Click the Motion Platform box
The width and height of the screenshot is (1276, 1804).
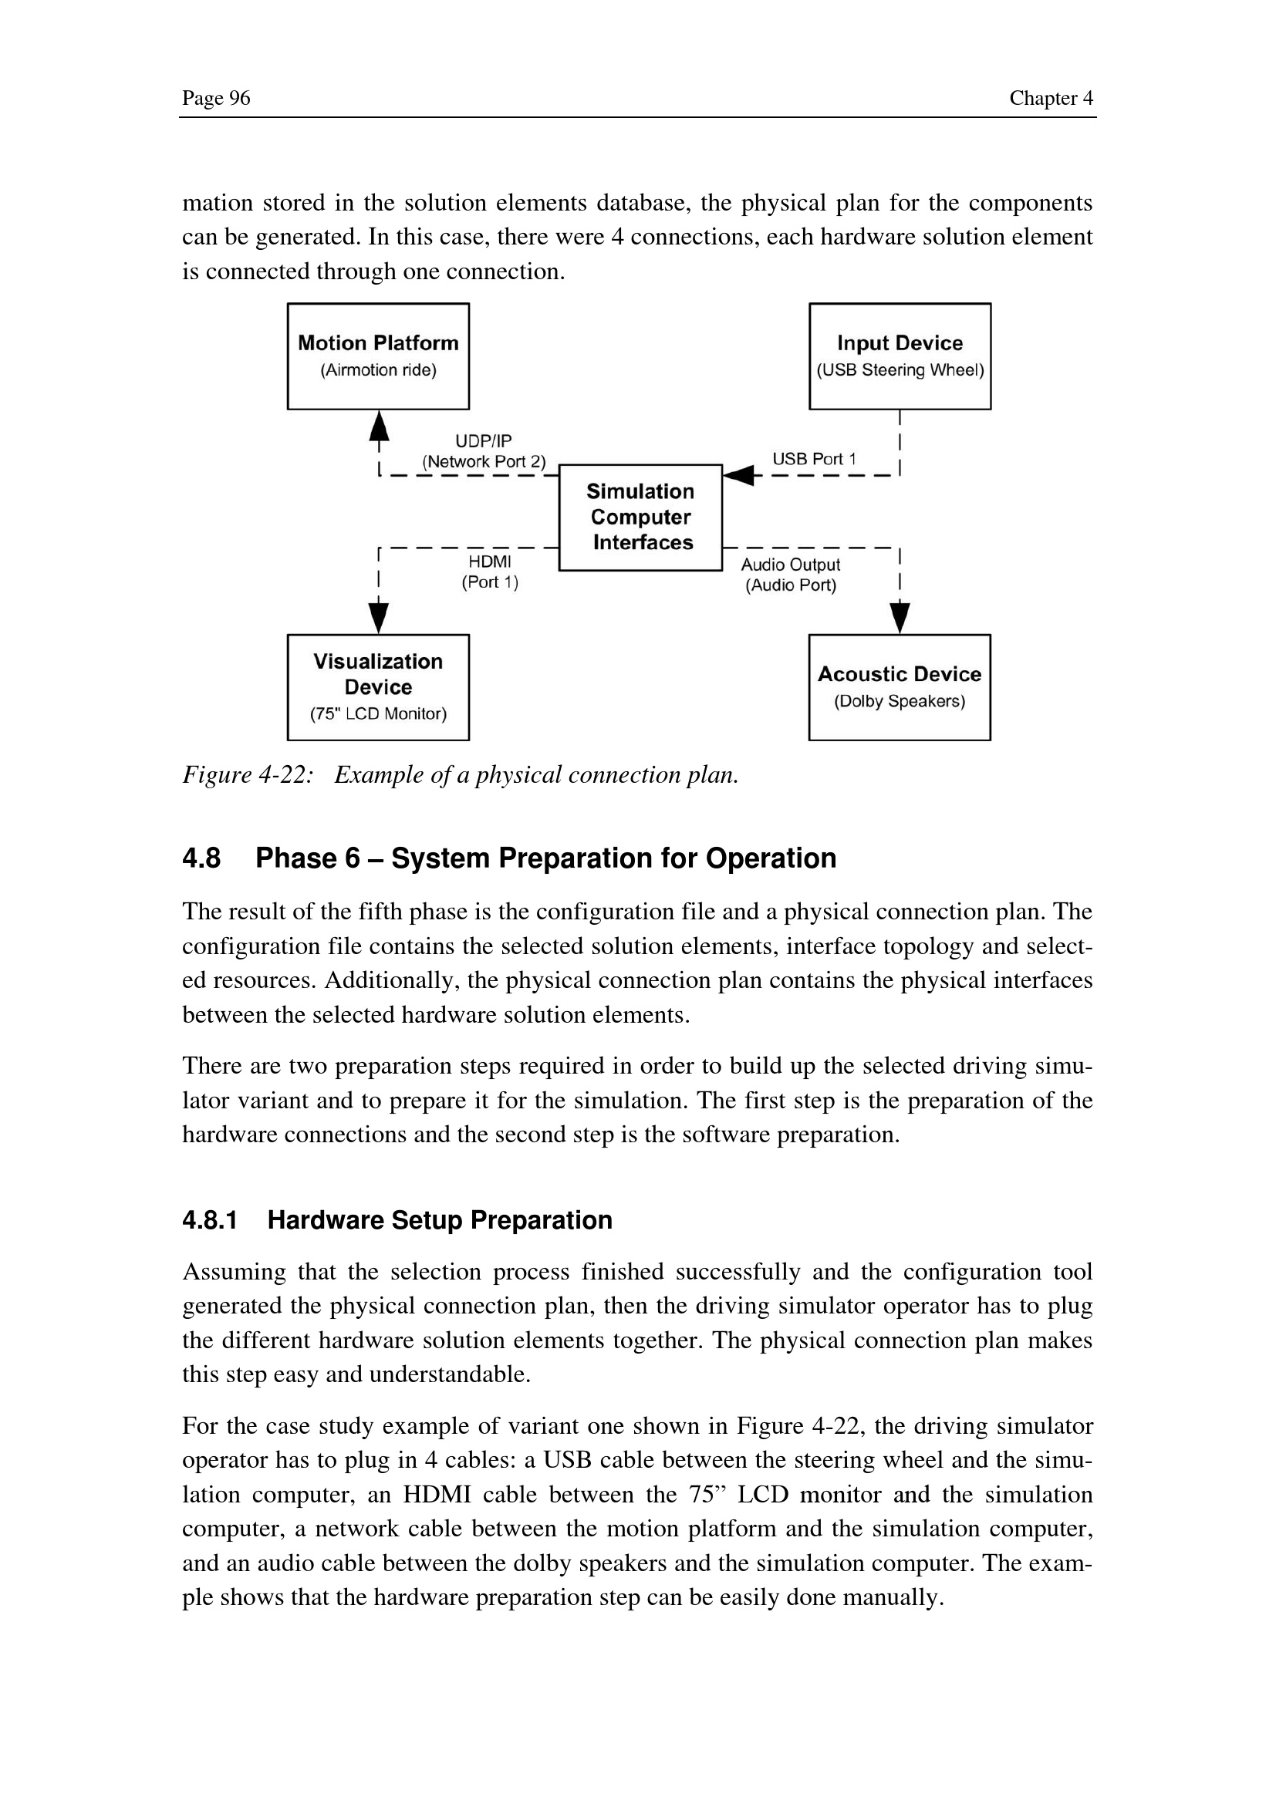coord(378,356)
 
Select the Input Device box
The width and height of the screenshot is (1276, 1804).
coord(900,356)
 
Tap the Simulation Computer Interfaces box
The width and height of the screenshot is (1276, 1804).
coord(640,517)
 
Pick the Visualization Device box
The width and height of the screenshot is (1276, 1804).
coord(378,686)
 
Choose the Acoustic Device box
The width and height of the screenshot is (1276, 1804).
coord(900,686)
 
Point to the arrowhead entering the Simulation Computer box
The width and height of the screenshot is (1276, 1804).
coord(738,474)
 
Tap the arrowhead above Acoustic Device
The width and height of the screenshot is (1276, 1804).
coord(900,618)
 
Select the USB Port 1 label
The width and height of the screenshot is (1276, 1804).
coord(814,459)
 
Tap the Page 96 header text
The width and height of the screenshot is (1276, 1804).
coord(216,98)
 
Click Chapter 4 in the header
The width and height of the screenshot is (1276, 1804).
coord(1051,98)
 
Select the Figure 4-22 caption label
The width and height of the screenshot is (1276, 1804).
coord(248,774)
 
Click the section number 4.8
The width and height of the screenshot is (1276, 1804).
coord(201,858)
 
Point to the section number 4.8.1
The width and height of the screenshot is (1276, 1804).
coord(210,1219)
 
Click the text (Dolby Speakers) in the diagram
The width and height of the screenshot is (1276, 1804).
coord(900,701)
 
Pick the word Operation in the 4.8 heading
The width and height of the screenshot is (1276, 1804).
coord(771,858)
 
